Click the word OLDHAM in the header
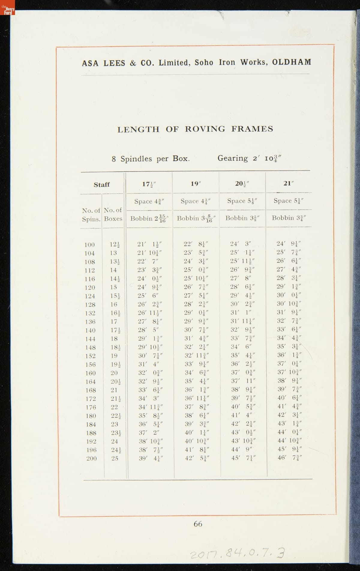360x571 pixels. click(x=292, y=62)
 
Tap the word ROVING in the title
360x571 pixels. click(x=205, y=129)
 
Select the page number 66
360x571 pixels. click(x=198, y=524)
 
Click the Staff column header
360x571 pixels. click(x=102, y=185)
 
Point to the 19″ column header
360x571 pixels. click(x=195, y=184)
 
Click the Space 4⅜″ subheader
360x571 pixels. click(x=149, y=201)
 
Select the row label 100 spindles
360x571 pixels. click(x=89, y=245)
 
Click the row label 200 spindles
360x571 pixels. click(x=91, y=459)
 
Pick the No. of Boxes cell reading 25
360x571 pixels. click(x=115, y=458)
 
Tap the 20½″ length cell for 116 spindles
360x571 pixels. click(x=241, y=278)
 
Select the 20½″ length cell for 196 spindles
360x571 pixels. click(x=241, y=450)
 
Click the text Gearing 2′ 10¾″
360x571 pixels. click(x=249, y=158)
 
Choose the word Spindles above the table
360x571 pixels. click(x=136, y=159)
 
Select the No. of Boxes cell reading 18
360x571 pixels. click(x=114, y=339)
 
